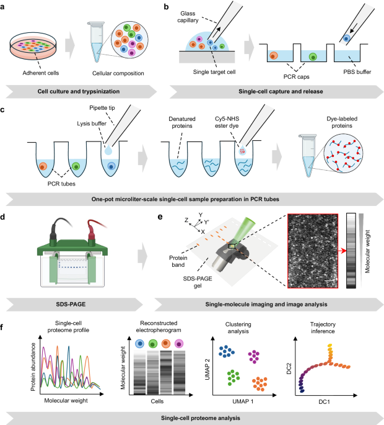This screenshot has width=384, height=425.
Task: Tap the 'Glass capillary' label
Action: click(188, 17)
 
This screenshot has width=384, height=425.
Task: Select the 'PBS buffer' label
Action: click(357, 72)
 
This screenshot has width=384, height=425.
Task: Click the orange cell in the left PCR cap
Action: click(274, 56)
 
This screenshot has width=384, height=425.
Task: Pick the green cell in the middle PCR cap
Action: click(313, 56)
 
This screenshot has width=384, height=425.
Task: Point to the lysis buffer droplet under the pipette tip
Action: click(108, 150)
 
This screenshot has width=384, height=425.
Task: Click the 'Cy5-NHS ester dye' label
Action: click(227, 122)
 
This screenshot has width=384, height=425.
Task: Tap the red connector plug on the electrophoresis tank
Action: click(91, 237)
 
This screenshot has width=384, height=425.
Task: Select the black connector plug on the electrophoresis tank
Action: click(53, 237)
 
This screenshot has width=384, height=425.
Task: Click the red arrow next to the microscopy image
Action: click(342, 251)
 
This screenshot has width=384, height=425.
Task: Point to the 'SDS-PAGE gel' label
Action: click(198, 282)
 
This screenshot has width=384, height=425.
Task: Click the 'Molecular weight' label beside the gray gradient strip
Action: click(367, 251)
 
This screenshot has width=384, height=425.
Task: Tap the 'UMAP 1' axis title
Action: click(243, 401)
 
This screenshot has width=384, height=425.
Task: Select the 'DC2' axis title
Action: click(289, 369)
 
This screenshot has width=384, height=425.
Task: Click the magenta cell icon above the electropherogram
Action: click(179, 344)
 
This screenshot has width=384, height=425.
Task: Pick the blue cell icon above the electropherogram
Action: click(139, 344)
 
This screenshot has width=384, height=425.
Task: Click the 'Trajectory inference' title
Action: click(323, 328)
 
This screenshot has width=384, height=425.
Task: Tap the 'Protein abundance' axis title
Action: click(33, 367)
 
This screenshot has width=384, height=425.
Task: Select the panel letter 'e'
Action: click(160, 217)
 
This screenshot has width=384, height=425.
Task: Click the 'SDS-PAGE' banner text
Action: click(71, 304)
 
